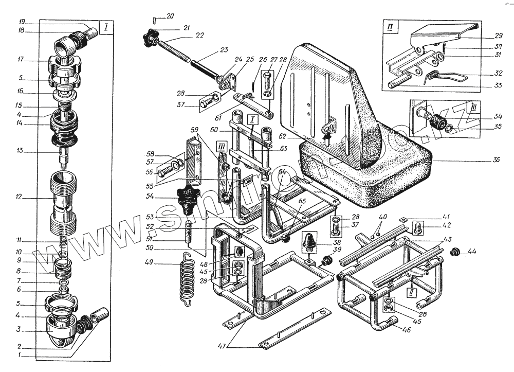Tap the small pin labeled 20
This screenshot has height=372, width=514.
click(154, 20)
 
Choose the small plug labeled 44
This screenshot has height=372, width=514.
click(454, 252)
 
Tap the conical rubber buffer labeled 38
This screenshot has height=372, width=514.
click(310, 240)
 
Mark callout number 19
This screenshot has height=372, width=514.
click(22, 23)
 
